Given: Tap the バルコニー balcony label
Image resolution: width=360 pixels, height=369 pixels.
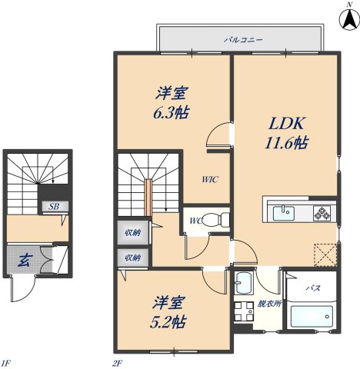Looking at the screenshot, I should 244,37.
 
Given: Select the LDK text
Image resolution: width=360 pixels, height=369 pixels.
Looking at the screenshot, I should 286,123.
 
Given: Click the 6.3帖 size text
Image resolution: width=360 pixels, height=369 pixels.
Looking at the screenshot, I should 172,112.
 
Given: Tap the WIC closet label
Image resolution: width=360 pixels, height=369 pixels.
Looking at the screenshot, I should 210,180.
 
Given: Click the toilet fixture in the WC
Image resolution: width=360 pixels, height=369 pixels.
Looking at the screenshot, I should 220,219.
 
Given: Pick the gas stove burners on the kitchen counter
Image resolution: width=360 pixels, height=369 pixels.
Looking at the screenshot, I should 323,212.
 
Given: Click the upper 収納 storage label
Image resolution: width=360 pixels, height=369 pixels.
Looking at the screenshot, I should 132,232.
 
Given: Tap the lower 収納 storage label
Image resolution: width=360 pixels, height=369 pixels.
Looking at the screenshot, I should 132,258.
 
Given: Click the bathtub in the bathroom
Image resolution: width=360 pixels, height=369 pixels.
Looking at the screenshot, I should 312,316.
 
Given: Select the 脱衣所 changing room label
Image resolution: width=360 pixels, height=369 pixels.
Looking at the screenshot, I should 270,303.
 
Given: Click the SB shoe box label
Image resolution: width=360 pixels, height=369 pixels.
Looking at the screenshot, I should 55,206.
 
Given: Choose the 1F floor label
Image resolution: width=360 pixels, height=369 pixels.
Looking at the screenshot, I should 6,362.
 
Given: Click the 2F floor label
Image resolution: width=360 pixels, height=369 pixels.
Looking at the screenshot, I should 118,362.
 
